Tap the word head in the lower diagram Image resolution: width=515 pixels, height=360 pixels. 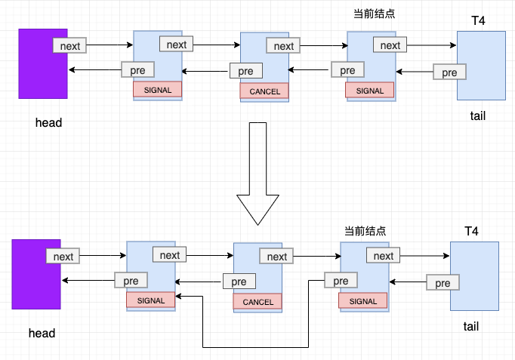[42, 333]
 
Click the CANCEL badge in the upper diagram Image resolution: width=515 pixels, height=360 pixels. [264, 92]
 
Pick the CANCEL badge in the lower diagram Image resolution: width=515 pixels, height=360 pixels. [257, 302]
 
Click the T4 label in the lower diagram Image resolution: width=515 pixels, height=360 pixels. [472, 231]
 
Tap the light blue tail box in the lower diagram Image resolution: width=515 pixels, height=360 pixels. [474, 276]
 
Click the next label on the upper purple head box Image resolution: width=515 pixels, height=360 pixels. [70, 46]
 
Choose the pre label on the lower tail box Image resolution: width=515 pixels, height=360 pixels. [443, 283]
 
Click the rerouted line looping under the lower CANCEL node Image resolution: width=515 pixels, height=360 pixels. [255, 347]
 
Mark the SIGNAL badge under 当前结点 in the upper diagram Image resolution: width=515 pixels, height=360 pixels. [370, 91]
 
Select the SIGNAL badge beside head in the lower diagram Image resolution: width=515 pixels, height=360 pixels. [150, 300]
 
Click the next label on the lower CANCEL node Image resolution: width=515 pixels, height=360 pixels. [277, 257]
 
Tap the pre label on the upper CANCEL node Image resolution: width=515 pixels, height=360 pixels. [245, 72]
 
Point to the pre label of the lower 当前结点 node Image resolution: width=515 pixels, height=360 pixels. [341, 281]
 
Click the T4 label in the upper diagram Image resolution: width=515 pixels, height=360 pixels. [478, 21]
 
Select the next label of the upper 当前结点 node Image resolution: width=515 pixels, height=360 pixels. [390, 45]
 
